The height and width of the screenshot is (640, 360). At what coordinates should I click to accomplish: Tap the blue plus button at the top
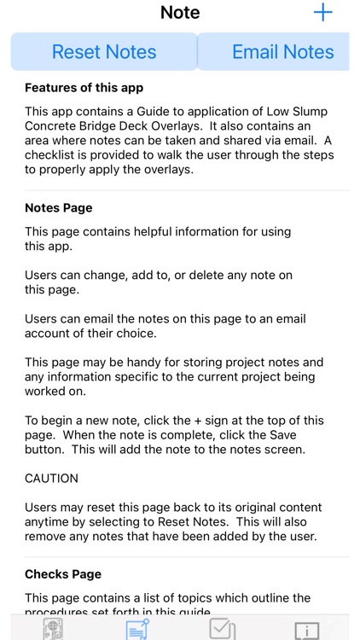[323, 13]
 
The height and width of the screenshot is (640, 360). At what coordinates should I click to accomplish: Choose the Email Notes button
[282, 52]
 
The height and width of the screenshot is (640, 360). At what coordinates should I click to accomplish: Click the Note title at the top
[180, 13]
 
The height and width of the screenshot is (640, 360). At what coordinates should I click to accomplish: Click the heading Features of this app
[84, 88]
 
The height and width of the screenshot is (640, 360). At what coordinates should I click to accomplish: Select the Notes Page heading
[59, 207]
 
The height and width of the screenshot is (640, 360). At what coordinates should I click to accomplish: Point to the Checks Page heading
[63, 574]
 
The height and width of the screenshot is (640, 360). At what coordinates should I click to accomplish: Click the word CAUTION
[51, 479]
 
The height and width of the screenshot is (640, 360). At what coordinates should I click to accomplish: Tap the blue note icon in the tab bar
[137, 631]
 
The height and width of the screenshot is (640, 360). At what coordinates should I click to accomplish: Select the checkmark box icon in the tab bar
[222, 630]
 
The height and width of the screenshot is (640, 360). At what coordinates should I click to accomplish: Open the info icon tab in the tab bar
[306, 631]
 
